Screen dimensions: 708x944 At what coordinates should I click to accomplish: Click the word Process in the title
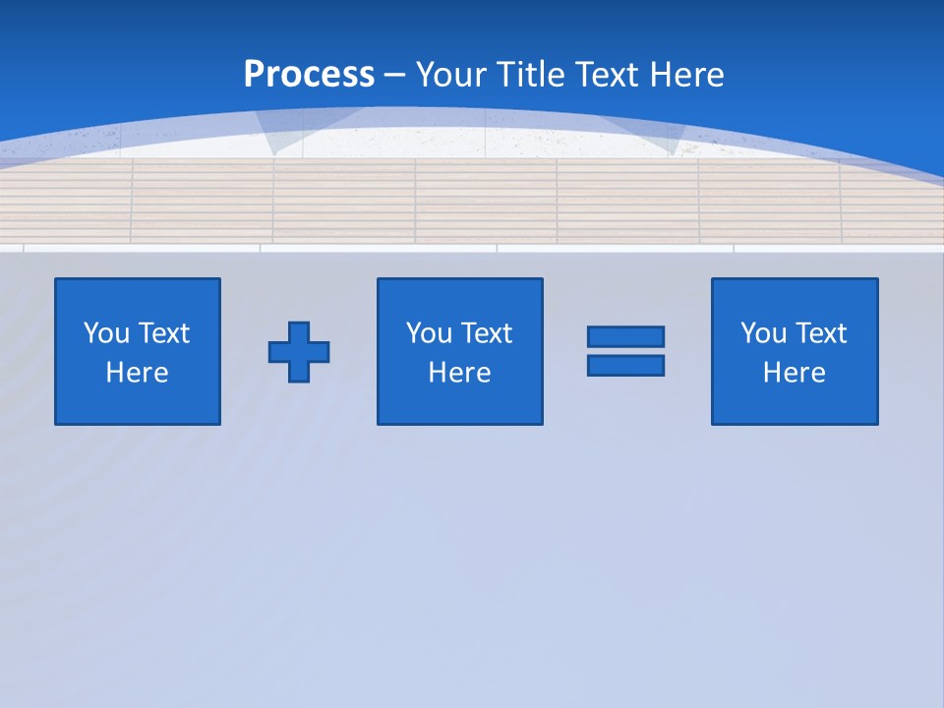(x=309, y=75)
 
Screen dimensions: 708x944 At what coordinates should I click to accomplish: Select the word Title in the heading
(x=529, y=75)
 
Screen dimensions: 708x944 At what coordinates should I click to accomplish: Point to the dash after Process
(x=394, y=76)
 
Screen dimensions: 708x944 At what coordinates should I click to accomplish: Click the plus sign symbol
(x=299, y=351)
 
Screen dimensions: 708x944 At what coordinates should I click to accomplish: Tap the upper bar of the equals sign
(x=625, y=337)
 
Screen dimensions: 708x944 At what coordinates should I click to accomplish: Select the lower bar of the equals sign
(x=625, y=365)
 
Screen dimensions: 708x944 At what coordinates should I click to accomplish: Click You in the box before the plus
(x=106, y=333)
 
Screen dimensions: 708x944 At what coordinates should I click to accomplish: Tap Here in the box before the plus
(x=138, y=373)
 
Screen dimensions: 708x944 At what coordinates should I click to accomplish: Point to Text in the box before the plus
(x=163, y=333)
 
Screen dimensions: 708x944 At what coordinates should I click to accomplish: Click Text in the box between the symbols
(x=486, y=333)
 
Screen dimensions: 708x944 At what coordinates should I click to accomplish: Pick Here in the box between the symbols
(x=460, y=373)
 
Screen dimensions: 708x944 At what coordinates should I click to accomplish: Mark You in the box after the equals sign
(x=763, y=333)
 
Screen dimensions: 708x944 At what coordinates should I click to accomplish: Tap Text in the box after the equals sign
(x=820, y=333)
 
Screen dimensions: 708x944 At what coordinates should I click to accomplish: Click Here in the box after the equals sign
(x=795, y=373)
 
